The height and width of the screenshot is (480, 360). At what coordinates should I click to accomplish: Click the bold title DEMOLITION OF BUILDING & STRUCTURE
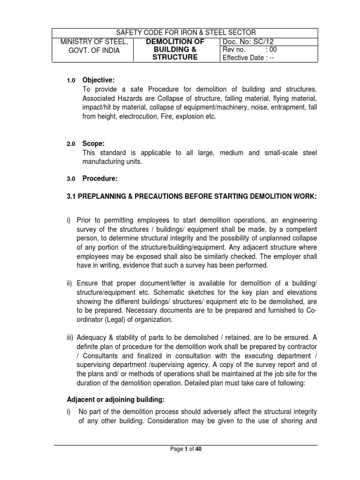(177, 50)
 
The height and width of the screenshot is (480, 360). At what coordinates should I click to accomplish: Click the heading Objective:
(98, 80)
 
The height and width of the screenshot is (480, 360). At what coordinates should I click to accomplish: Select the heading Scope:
(94, 143)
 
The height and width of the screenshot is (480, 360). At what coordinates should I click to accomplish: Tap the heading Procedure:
(100, 178)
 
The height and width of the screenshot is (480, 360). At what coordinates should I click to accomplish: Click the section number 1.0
(71, 81)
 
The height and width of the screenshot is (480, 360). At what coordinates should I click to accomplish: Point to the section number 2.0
(71, 144)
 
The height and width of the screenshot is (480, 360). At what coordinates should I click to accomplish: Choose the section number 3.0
(71, 179)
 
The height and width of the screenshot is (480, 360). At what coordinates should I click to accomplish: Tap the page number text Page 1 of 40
(186, 449)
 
